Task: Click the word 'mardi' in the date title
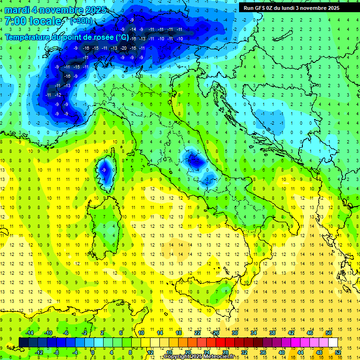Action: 18,10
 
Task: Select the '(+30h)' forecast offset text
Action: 81,21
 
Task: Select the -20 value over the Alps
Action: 123,48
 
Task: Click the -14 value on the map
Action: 133,30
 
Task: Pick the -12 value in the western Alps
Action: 58,95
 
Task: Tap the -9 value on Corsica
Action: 104,170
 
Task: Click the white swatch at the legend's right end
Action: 333,342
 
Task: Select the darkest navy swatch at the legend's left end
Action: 24,342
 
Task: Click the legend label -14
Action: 29,332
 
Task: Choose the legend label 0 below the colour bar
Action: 93,352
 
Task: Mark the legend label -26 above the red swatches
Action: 215,332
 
